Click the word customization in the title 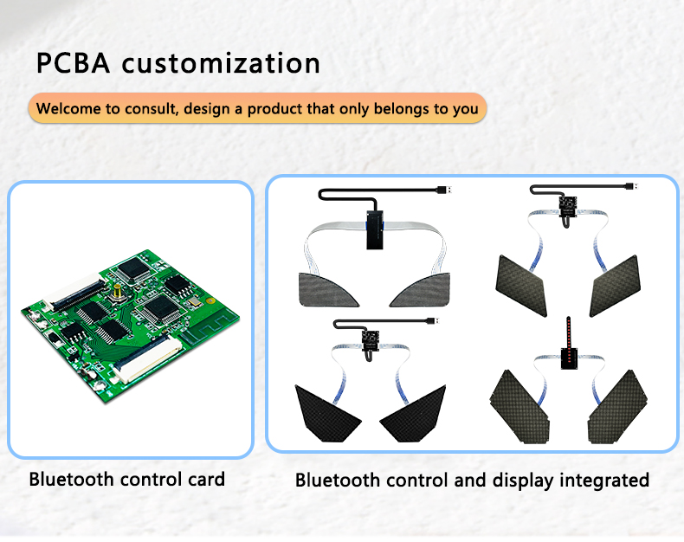(x=221, y=63)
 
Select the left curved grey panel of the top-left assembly (x=328, y=290)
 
